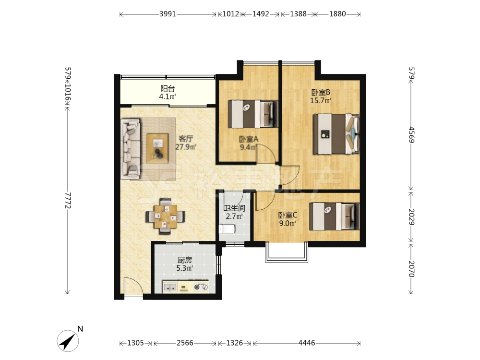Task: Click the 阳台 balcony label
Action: (x=168, y=89)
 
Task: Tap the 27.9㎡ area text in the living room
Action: (x=186, y=146)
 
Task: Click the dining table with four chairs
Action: (x=165, y=216)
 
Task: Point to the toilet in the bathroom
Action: (x=227, y=229)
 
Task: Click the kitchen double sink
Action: (x=170, y=287)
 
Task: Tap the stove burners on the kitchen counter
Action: (x=201, y=287)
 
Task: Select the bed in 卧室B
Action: (x=336, y=134)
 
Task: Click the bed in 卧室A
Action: (x=253, y=114)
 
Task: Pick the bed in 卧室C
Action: (x=334, y=216)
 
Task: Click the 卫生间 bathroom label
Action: (x=235, y=208)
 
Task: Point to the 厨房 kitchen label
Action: (x=185, y=260)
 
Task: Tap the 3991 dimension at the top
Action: (x=168, y=14)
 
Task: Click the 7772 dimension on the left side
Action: (x=68, y=201)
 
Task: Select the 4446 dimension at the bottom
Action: (x=306, y=343)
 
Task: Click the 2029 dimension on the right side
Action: (x=411, y=217)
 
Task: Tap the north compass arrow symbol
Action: (x=68, y=341)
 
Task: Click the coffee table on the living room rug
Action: (x=157, y=146)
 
